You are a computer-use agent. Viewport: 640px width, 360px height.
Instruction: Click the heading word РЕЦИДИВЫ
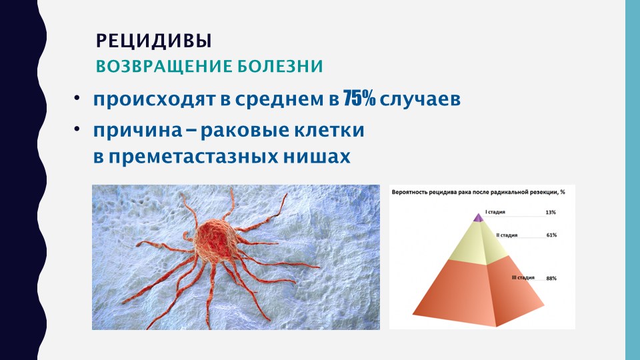pyautogui.click(x=154, y=41)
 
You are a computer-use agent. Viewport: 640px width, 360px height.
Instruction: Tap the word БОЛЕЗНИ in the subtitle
pyautogui.click(x=281, y=66)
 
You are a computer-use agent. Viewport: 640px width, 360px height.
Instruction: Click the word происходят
pyautogui.click(x=154, y=99)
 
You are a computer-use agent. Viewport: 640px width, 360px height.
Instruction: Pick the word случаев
pyautogui.click(x=420, y=99)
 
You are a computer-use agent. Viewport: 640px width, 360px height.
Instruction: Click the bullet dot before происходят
pyautogui.click(x=77, y=99)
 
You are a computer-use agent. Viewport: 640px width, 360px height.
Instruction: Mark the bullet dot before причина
pyautogui.click(x=77, y=129)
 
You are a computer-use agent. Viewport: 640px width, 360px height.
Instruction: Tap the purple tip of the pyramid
pyautogui.click(x=479, y=217)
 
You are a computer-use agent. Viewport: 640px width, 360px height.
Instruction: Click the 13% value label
pyautogui.click(x=551, y=212)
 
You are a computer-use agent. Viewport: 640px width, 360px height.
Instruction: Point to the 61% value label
pyautogui.click(x=551, y=235)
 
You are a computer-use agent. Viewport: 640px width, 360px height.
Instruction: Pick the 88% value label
pyautogui.click(x=551, y=279)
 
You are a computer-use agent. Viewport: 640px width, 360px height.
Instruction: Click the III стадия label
pyautogui.click(x=523, y=277)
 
